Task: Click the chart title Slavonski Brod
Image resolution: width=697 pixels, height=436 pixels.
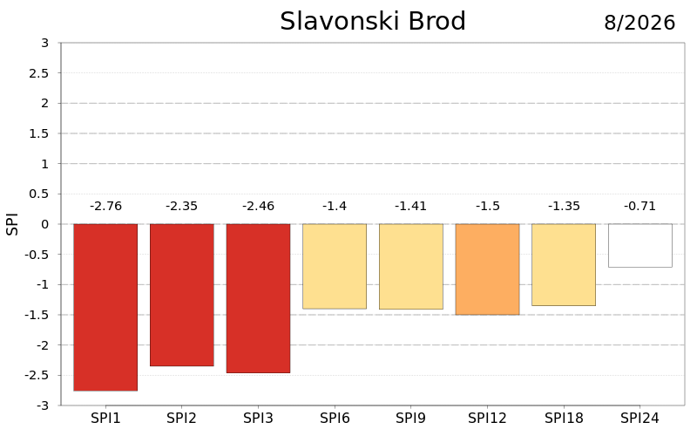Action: pyautogui.click(x=373, y=21)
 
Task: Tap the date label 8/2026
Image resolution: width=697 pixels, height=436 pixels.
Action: pyautogui.click(x=639, y=23)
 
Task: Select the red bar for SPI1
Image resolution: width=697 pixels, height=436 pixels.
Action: pyautogui.click(x=105, y=308)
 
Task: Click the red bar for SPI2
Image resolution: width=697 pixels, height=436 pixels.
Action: pyautogui.click(x=182, y=295)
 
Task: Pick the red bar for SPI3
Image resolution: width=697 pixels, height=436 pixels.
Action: pyautogui.click(x=258, y=298)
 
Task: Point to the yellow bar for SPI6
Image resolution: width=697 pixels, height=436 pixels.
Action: pyautogui.click(x=335, y=266)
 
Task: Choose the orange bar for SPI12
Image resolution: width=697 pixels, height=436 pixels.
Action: pyautogui.click(x=487, y=269)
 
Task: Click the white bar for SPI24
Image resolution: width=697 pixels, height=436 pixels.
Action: pyautogui.click(x=640, y=245)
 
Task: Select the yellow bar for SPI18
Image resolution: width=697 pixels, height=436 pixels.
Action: pyautogui.click(x=564, y=265)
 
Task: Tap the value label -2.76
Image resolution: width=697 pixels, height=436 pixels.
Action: pyautogui.click(x=105, y=206)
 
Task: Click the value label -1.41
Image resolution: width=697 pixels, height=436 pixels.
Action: pyautogui.click(x=410, y=206)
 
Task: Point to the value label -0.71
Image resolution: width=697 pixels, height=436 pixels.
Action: pyautogui.click(x=639, y=206)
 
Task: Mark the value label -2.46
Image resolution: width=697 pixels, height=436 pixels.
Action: pyautogui.click(x=258, y=206)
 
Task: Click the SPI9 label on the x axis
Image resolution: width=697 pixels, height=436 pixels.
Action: pyautogui.click(x=410, y=419)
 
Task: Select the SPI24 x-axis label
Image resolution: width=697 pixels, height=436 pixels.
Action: pyautogui.click(x=639, y=419)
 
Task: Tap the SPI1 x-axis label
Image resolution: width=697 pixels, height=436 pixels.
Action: pyautogui.click(x=105, y=419)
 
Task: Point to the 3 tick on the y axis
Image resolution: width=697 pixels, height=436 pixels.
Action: pyautogui.click(x=45, y=43)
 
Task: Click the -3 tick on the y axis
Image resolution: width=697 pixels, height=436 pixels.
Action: pyautogui.click(x=43, y=405)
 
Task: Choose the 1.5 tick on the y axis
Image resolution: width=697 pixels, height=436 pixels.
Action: pyautogui.click(x=39, y=133)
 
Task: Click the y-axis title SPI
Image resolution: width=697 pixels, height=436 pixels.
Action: pyautogui.click(x=12, y=224)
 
